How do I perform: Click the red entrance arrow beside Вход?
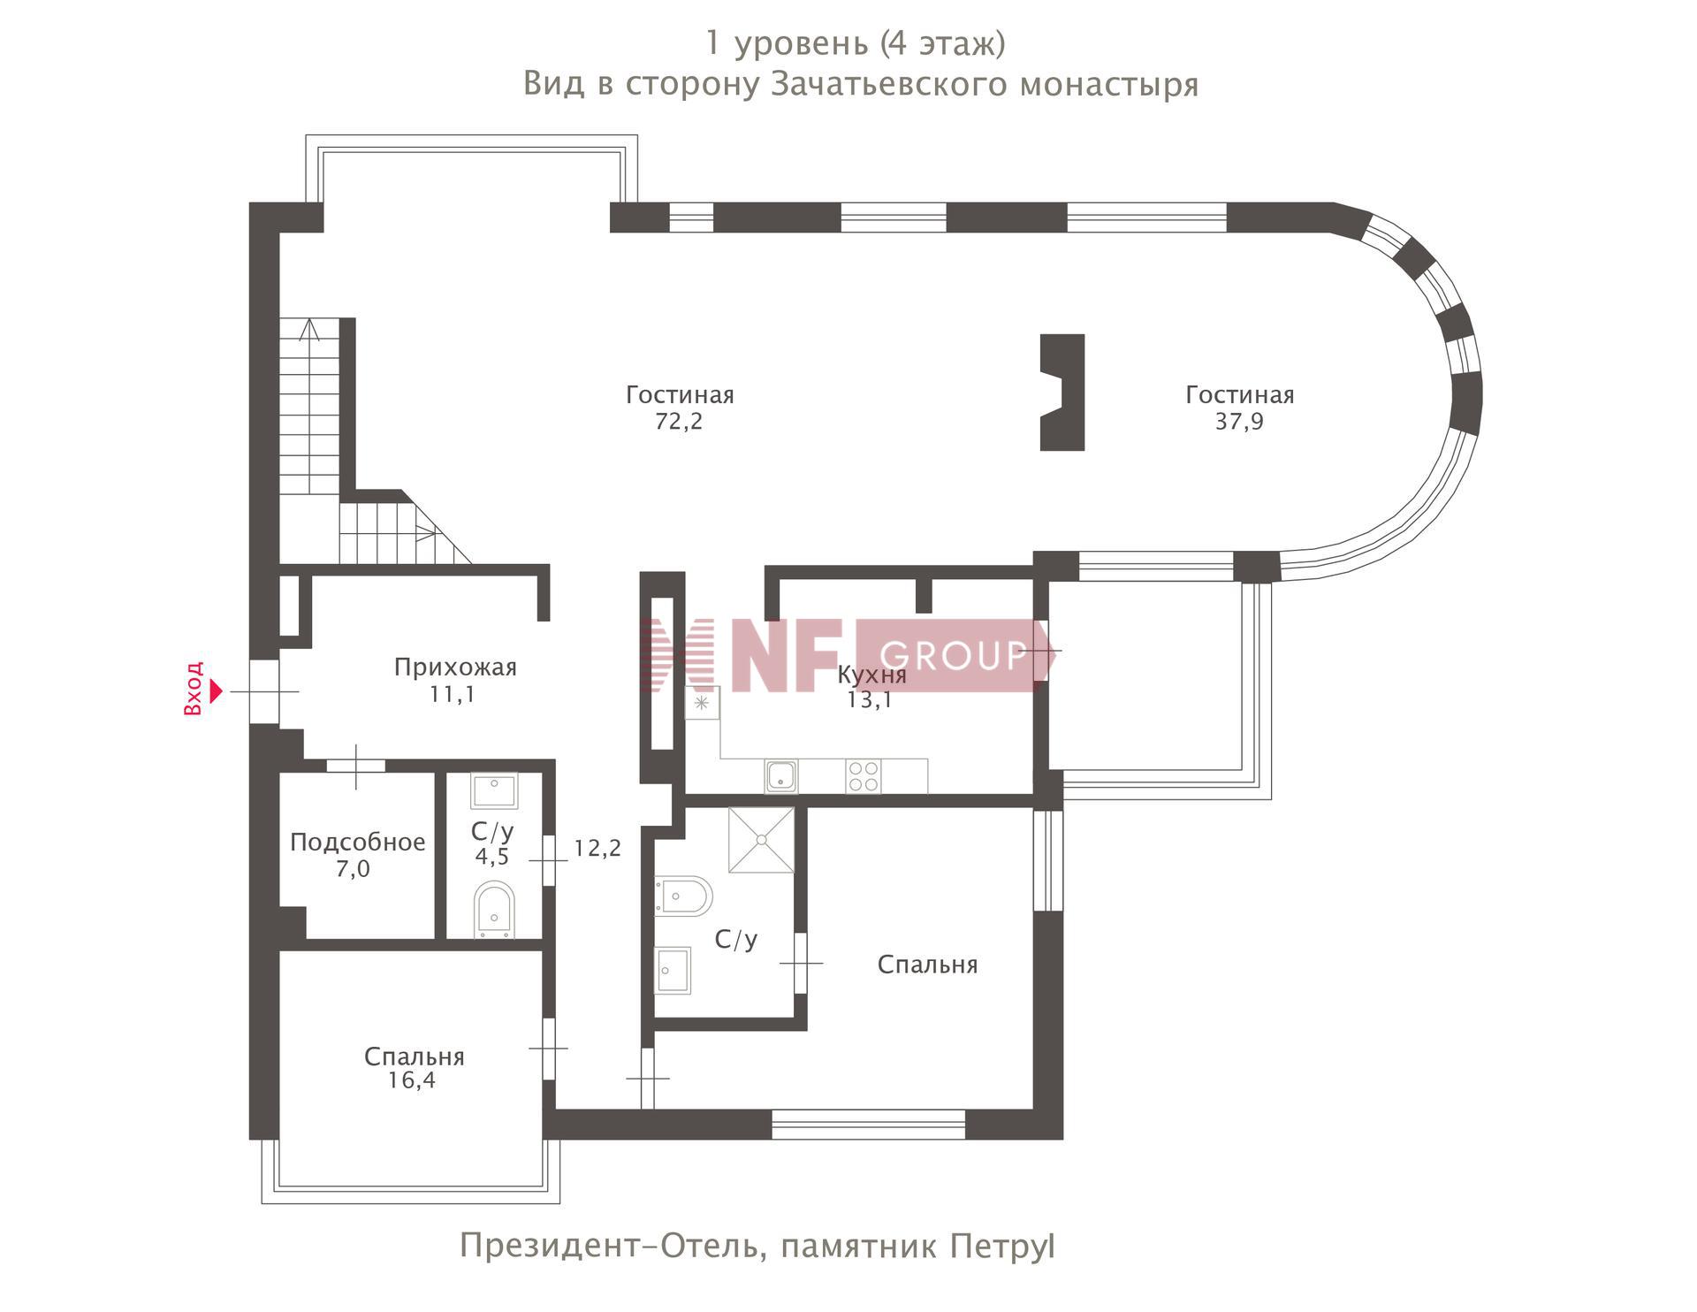[x=217, y=690]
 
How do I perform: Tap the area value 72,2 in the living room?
[x=679, y=422]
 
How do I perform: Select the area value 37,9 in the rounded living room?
[x=1239, y=422]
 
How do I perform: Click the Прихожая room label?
[x=455, y=667]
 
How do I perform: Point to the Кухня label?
[x=871, y=675]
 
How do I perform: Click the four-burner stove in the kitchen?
[x=864, y=776]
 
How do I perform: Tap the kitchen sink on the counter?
[x=781, y=776]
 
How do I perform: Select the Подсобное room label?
[x=358, y=843]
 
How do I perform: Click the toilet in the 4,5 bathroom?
[x=494, y=909]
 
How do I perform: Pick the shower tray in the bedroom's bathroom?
[x=761, y=840]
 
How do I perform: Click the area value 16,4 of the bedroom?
[x=412, y=1080]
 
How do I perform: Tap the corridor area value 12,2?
[x=597, y=849]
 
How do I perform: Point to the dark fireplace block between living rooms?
[x=1062, y=393]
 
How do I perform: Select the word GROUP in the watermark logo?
[x=953, y=656]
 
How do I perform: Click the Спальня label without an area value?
[x=927, y=965]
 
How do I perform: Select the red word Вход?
[x=194, y=689]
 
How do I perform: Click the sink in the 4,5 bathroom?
[x=494, y=791]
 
